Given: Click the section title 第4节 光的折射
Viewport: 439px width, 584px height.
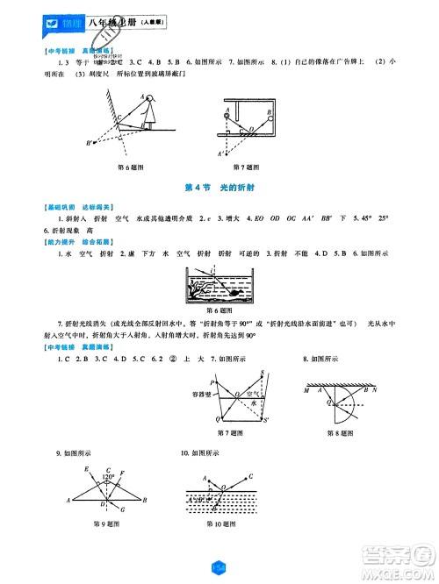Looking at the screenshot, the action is (x=219, y=188).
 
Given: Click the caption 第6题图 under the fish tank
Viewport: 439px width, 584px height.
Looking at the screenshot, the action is (x=219, y=312).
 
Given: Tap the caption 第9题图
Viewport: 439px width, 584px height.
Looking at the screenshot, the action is (x=104, y=523).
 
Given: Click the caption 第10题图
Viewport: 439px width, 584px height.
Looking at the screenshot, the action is (x=223, y=523).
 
